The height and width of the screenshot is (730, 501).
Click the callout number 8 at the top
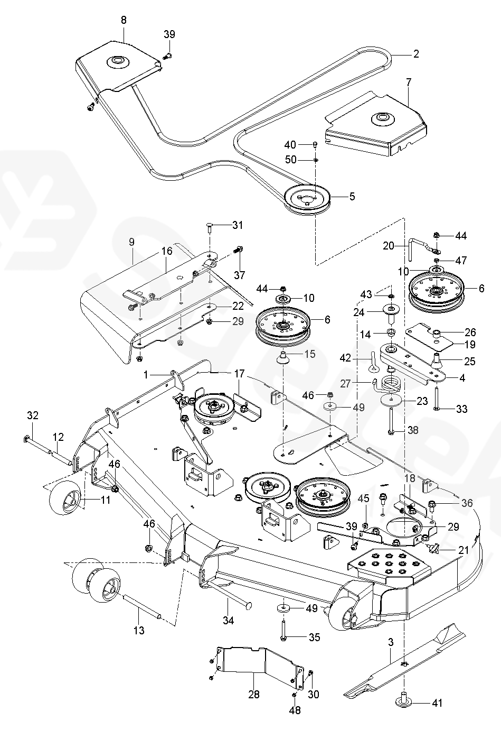pos(124,20)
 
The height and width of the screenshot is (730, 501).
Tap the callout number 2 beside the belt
pos(415,54)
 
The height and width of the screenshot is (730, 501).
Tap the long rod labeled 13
pos(142,605)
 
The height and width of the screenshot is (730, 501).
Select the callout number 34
pos(228,620)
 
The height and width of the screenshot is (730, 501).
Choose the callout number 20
pos(389,246)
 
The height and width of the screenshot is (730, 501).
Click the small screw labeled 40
pos(315,145)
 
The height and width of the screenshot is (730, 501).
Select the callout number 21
pos(463,550)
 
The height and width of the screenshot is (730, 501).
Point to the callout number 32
pos(33,415)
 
